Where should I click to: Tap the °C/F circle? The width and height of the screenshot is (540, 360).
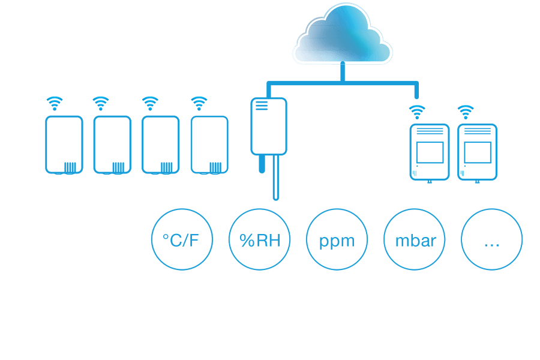(181, 240)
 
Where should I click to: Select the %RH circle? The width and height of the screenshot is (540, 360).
(260, 240)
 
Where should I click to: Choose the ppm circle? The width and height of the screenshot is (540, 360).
(337, 240)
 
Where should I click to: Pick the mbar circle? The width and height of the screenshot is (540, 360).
(414, 240)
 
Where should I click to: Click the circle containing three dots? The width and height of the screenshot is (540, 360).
(491, 240)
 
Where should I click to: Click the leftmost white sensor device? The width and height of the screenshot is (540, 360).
(64, 144)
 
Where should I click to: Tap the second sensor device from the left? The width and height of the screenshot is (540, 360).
(112, 144)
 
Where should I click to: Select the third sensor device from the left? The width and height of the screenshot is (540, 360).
(160, 144)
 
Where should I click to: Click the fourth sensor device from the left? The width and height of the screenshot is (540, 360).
(209, 144)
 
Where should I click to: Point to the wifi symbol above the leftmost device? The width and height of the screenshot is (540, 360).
(55, 104)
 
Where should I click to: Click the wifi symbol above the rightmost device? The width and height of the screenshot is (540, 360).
(465, 112)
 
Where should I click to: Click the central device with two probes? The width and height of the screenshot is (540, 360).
(268, 126)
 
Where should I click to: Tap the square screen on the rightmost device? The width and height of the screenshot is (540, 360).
(478, 153)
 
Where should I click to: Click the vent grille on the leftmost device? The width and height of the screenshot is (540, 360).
(71, 167)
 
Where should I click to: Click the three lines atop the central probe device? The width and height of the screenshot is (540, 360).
(261, 106)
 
